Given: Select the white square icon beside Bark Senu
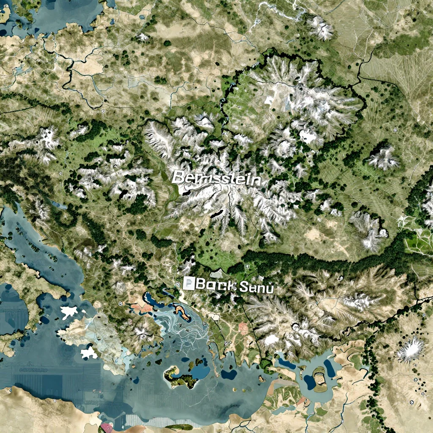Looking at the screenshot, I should point(189,283).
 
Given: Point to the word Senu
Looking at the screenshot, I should point(256,288).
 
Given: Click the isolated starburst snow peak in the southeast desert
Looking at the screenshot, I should point(410,349).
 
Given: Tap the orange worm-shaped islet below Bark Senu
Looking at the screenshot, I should point(183,312).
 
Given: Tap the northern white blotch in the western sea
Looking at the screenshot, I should point(69,313).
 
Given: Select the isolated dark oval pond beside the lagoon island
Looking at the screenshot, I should point(229,375).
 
